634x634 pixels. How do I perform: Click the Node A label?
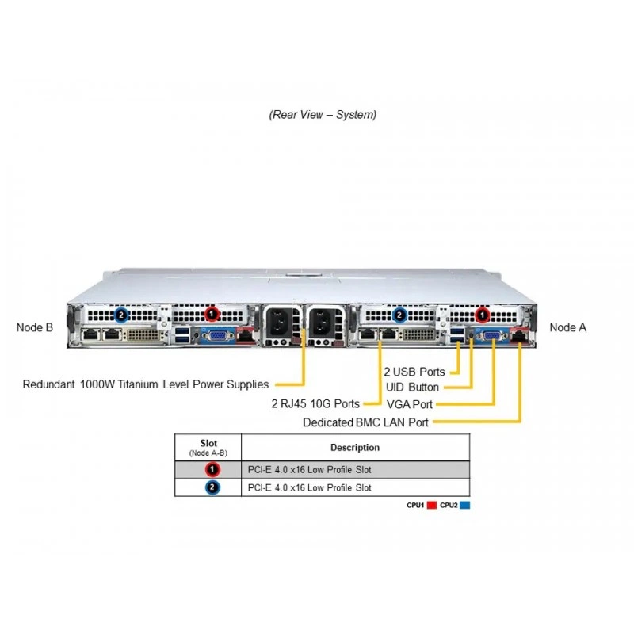coord(567,327)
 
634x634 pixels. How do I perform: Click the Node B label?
coord(35,327)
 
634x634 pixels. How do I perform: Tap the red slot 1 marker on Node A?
coord(482,315)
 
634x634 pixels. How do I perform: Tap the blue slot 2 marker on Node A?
coord(399,315)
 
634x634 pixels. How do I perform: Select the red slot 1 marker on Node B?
coord(212,314)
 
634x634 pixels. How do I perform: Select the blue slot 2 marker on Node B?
coord(121,315)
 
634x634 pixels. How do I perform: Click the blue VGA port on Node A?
coord(492,336)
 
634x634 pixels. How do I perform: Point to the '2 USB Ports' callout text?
coord(414,372)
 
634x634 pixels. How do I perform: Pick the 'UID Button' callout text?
coord(412,388)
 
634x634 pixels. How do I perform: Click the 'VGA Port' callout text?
coord(410,404)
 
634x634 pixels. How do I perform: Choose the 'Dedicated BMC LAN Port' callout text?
coord(365,422)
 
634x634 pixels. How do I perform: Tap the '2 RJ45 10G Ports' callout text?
coord(315,403)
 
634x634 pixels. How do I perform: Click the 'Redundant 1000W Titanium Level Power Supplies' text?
coord(146,384)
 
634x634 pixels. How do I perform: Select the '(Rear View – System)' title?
coord(323,115)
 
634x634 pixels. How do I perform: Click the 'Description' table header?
coord(355,447)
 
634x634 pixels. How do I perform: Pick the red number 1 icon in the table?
coord(212,469)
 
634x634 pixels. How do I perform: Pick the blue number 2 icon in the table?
coord(212,487)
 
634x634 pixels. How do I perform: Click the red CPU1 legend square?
coord(432,505)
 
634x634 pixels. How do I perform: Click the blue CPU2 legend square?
coord(465,505)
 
